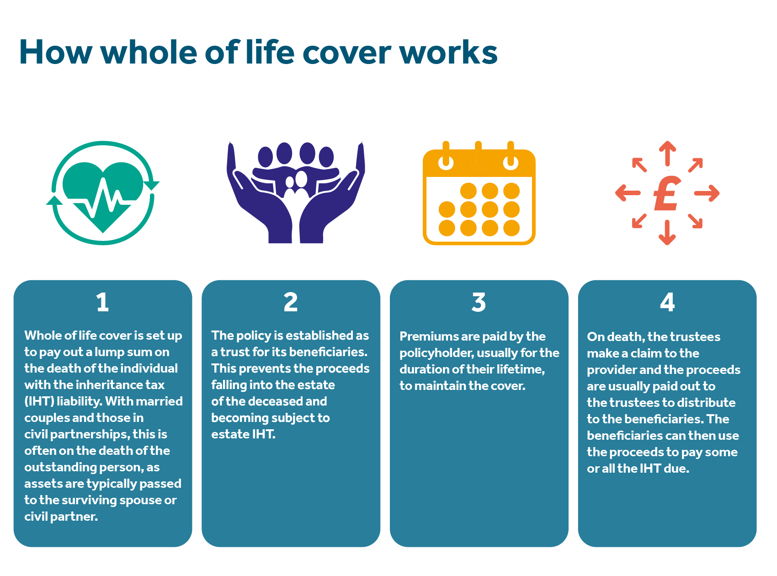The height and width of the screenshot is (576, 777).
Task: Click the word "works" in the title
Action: [448, 52]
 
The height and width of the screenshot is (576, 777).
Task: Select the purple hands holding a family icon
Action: [296, 192]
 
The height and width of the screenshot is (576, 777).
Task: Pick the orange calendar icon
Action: [479, 193]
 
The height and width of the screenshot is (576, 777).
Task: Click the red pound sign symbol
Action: [667, 193]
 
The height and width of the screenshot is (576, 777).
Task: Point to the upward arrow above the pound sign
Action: [667, 154]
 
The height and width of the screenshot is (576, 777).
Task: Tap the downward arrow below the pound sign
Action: [667, 233]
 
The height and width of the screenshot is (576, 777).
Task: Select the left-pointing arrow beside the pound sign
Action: [628, 193]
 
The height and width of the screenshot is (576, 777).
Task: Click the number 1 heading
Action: [103, 303]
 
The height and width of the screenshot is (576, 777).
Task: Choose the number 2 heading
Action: [291, 303]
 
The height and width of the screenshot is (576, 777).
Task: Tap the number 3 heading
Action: [479, 303]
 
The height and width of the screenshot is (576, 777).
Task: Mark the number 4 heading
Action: [667, 303]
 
